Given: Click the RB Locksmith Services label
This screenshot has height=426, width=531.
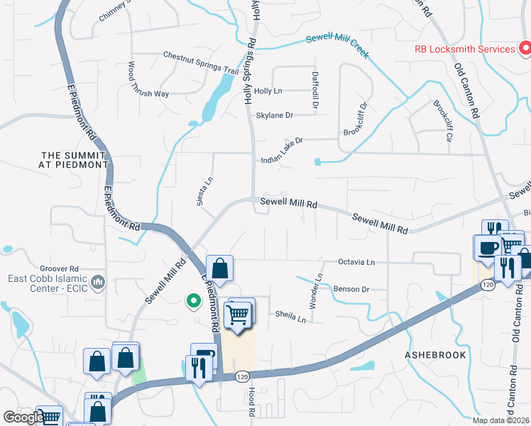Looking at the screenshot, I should tap(465, 49).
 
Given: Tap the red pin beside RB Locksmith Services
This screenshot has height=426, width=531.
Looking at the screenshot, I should tap(525, 48).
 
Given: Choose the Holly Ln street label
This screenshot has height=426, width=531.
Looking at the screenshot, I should tap(268, 91).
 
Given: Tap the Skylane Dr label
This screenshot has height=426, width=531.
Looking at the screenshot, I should tap(274, 115).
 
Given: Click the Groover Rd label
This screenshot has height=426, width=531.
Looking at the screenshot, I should tap(59, 269).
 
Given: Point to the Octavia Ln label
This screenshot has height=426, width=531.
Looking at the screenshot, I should tap(356, 262).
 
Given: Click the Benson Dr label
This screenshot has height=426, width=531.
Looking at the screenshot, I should tap(351, 289).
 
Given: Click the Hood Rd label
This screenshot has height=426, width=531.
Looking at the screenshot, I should tap(251, 403).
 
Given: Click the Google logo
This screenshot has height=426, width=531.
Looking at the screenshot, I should tap(24, 417).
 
